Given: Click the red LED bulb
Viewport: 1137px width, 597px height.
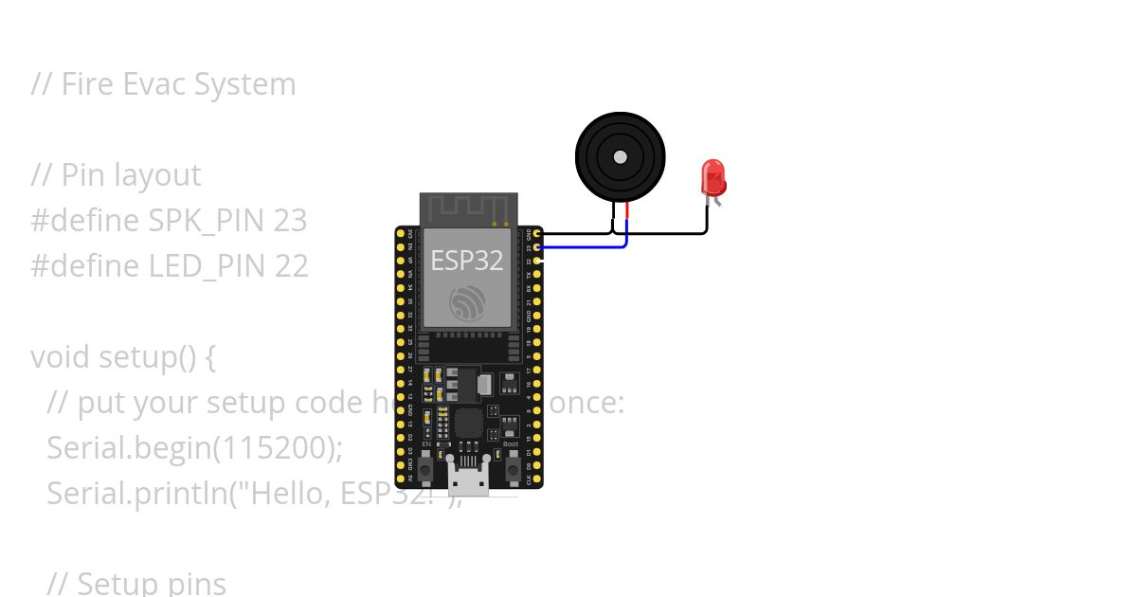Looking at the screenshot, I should tap(713, 176).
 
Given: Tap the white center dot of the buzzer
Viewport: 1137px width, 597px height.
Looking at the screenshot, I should tap(621, 156).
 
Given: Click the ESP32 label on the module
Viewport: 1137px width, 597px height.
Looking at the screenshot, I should tap(467, 260).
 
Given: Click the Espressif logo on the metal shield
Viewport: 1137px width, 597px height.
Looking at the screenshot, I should tap(467, 301).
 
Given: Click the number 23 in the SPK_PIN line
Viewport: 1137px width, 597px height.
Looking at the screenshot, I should tap(290, 221).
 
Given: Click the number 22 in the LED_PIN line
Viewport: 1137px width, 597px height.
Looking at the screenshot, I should tap(292, 266).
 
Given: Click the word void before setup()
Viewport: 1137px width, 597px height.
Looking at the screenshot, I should tap(61, 357).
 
